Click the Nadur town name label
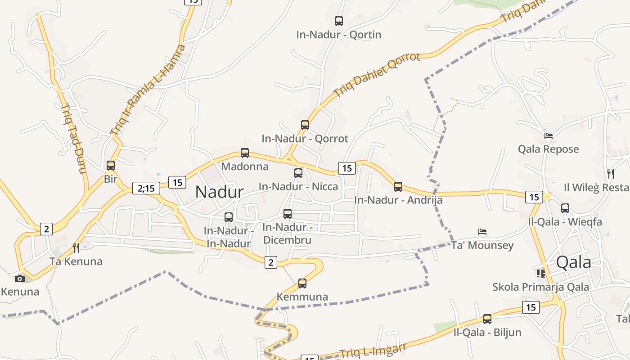pyautogui.click(x=220, y=192)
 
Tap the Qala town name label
pyautogui.click(x=573, y=262)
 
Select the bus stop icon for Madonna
pyautogui.click(x=245, y=153)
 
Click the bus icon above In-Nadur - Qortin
pyautogui.click(x=339, y=21)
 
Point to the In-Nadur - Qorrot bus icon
pyautogui.click(x=305, y=125)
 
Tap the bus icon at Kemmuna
pyautogui.click(x=302, y=283)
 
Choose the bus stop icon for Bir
pyautogui.click(x=111, y=166)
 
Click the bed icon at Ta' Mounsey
pyautogui.click(x=482, y=232)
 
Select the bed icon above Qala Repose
pyautogui.click(x=548, y=135)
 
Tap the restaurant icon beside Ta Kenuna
pyautogui.click(x=76, y=247)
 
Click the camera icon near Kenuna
pyautogui.click(x=20, y=279)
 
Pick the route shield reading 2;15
pyautogui.click(x=146, y=188)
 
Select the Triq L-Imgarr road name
pyautogui.click(x=373, y=351)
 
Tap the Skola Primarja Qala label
pyautogui.click(x=540, y=287)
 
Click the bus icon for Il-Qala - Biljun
pyautogui.click(x=487, y=319)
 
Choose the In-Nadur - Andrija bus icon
pyautogui.click(x=398, y=186)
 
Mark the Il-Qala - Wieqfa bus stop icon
pyautogui.click(x=565, y=208)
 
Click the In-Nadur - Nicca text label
pyautogui.click(x=298, y=186)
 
